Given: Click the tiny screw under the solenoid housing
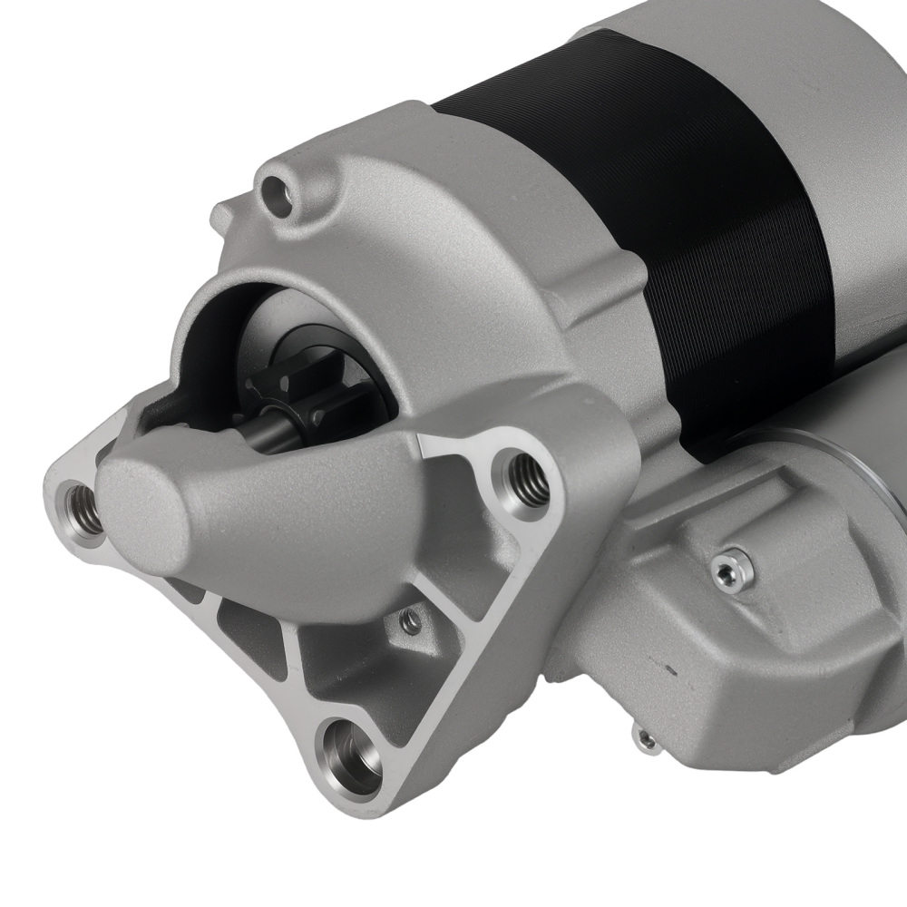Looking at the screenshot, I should (646, 740).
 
